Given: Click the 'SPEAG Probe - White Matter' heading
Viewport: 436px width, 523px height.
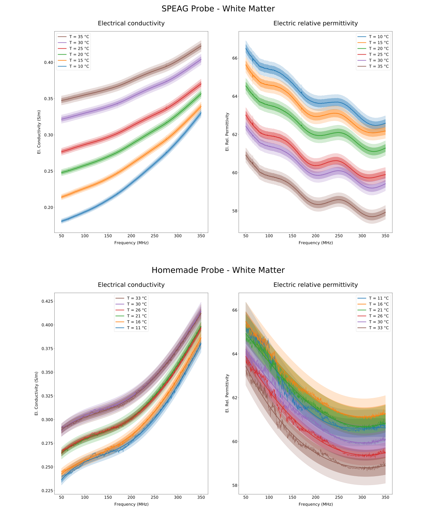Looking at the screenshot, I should (218, 9).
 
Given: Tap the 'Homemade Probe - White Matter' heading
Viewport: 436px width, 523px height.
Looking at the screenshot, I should (218, 270).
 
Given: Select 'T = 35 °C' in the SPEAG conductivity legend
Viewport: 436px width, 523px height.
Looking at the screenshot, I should (79, 37).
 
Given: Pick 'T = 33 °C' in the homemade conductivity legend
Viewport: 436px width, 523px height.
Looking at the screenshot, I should (137, 298).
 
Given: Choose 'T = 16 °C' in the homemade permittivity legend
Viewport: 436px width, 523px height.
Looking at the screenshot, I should (379, 304).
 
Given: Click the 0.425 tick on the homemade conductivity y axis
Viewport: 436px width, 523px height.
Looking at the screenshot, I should (47, 302).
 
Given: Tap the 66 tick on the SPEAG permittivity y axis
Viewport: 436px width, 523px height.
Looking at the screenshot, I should (235, 58).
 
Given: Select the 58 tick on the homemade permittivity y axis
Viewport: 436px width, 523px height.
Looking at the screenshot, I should (235, 485).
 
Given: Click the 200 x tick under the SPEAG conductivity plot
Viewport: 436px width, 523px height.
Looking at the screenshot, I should (131, 236).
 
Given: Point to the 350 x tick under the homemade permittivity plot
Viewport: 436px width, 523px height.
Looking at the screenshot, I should (385, 498).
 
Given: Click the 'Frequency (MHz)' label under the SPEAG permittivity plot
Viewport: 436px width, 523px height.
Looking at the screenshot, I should (316, 243).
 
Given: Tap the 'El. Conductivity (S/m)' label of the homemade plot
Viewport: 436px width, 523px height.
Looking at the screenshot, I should (37, 393).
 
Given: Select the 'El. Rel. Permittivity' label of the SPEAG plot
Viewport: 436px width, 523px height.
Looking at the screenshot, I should (227, 132).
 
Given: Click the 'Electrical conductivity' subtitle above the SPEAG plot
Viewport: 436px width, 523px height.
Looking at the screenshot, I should (131, 23).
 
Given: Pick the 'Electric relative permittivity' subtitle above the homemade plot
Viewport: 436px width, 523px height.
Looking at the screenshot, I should (316, 285).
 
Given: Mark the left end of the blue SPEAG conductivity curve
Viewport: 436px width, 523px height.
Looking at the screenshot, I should (62, 221).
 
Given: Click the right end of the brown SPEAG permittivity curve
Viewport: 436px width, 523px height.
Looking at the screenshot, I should (385, 212).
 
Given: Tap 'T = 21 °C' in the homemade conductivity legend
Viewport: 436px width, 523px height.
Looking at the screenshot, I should (137, 316).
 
